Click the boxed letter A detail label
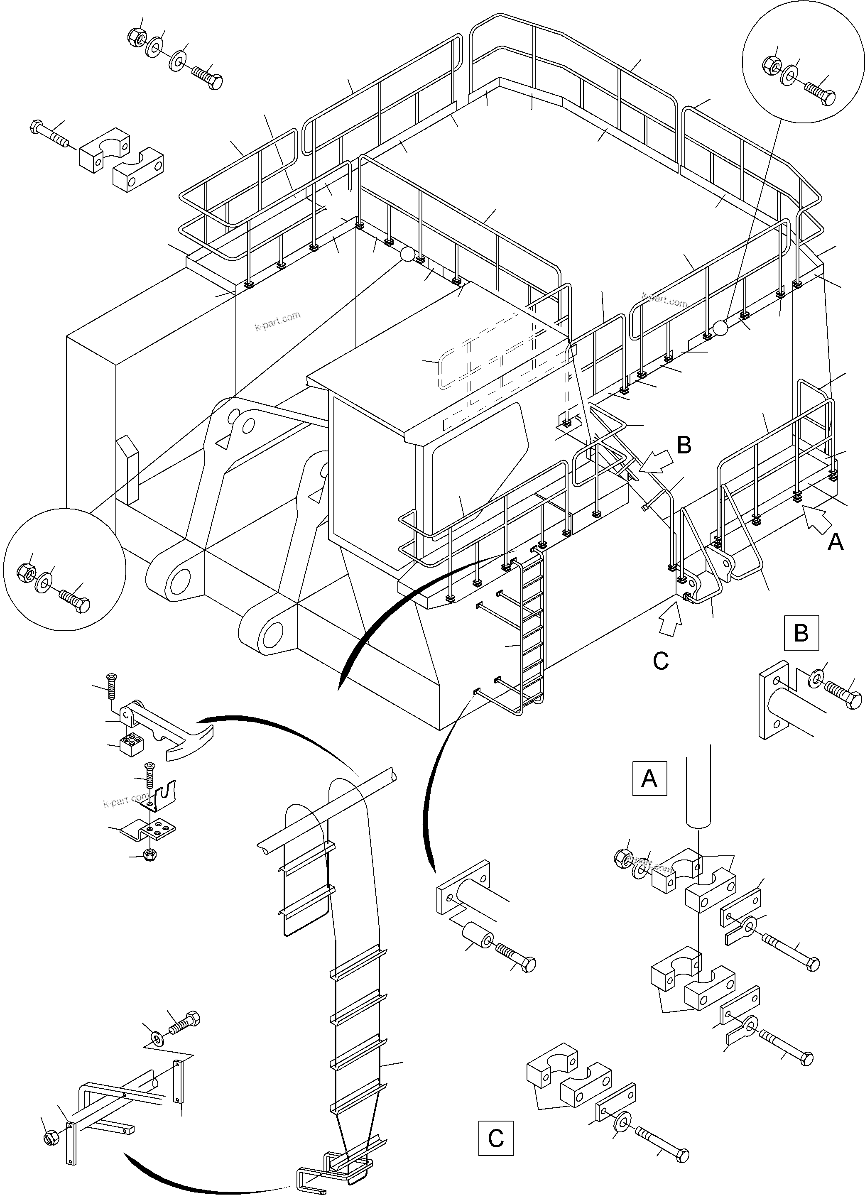[649, 778]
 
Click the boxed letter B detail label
[801, 632]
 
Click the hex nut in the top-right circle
[772, 65]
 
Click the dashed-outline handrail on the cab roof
[500, 364]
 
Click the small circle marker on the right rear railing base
[720, 328]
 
